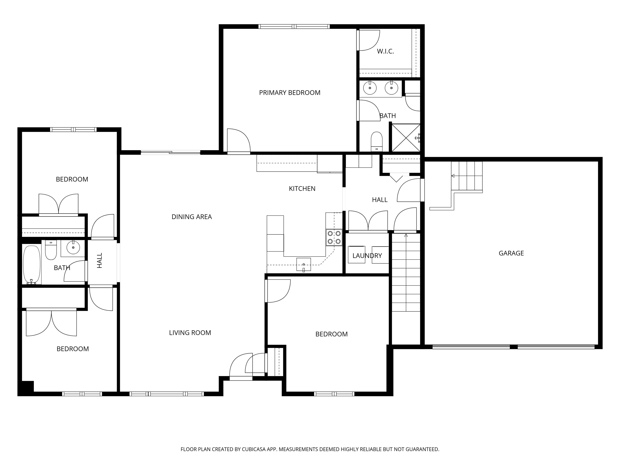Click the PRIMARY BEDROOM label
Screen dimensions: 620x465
(290, 93)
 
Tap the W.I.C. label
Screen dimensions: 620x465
(385, 51)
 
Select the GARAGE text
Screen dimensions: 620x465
(511, 253)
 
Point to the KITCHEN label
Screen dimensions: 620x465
(302, 189)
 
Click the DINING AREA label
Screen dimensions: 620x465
(192, 217)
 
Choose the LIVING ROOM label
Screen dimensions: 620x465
(190, 333)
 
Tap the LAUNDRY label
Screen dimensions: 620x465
(367, 256)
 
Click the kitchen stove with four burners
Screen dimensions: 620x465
(334, 237)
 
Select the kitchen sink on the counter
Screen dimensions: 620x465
(304, 265)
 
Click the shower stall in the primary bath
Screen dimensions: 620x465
(406, 138)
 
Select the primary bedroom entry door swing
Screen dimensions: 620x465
(239, 141)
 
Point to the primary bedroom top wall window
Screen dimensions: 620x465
(294, 27)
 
